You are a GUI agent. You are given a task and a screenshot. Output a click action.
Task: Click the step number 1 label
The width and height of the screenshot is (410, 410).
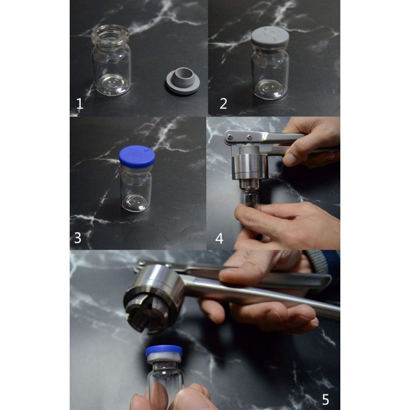(80, 104)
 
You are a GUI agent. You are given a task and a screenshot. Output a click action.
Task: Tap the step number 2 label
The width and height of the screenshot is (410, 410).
(223, 104)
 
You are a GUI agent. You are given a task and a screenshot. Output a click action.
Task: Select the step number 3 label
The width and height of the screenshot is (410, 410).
(78, 238)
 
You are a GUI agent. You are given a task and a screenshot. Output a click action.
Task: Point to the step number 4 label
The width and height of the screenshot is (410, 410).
(219, 239)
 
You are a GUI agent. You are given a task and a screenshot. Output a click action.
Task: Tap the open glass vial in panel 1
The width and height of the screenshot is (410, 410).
(111, 60)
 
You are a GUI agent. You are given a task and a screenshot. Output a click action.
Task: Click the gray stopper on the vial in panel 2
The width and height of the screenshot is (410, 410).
(270, 38)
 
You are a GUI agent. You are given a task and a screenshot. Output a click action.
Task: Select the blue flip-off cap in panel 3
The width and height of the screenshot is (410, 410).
(137, 157)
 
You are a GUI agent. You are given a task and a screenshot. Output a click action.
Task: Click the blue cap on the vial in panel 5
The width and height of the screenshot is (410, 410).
(164, 350)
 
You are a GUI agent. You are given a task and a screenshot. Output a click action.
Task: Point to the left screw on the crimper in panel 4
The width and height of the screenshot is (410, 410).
(230, 137)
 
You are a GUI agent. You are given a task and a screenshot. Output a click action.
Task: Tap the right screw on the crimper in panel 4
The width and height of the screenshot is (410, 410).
(249, 136)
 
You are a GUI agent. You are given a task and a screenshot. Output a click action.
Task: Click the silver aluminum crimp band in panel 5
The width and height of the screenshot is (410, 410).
(164, 358)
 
